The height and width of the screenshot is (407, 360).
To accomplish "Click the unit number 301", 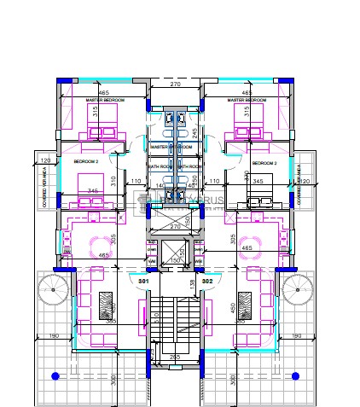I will pyautogui.click(x=143, y=281).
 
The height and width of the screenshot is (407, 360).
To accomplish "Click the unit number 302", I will pyautogui.click(x=207, y=281).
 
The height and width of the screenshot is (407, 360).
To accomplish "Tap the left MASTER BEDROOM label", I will pyautogui.click(x=105, y=101).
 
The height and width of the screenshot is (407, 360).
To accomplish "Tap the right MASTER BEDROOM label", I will pyautogui.click(x=248, y=101).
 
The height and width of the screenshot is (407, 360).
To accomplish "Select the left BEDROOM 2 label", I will pyautogui.click(x=85, y=161).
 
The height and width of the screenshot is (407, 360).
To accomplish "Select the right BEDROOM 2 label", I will pyautogui.click(x=265, y=161).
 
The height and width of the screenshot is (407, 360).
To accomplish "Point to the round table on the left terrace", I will pyautogui.click(x=53, y=290).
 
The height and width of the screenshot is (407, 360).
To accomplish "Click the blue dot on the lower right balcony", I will pyautogui.click(x=295, y=376).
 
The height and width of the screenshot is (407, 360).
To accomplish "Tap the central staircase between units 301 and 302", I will pyautogui.click(x=175, y=324).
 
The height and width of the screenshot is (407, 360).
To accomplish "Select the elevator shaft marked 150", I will pyautogui.click(x=176, y=256).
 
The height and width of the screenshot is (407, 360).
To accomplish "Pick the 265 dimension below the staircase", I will pyautogui.click(x=175, y=357).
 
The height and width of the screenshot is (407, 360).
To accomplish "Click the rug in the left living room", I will pyautogui.click(x=107, y=305).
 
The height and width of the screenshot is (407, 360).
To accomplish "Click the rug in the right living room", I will pyautogui.click(x=245, y=305).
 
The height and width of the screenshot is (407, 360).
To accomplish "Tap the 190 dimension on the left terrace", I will pyautogui.click(x=55, y=336).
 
